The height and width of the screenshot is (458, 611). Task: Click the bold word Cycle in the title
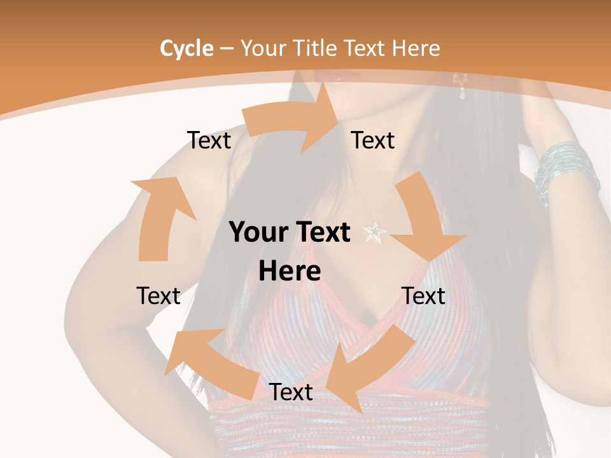(186, 48)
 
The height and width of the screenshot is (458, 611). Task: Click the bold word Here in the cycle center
(290, 272)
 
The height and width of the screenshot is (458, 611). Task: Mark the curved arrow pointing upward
(159, 216)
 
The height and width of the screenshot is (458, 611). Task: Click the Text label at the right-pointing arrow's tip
(373, 140)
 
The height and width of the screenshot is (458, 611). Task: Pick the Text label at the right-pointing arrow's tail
(209, 140)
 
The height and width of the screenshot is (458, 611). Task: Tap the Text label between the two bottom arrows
(290, 392)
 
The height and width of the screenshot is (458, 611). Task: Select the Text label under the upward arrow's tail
(158, 296)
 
